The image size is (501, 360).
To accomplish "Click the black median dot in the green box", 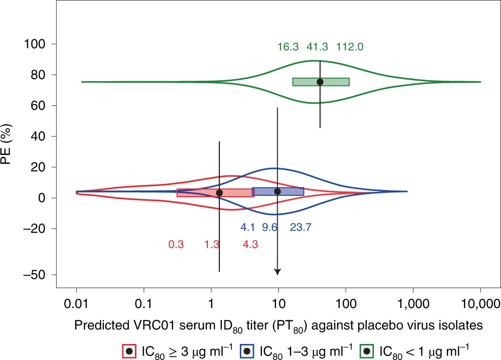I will tap(320, 82).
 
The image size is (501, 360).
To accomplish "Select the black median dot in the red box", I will tap(219, 192).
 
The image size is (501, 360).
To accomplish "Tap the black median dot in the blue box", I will tap(277, 191).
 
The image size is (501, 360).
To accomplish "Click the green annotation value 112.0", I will tap(350, 47).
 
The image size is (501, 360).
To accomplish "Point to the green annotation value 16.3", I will tap(288, 47).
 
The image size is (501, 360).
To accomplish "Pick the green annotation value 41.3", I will tap(317, 47).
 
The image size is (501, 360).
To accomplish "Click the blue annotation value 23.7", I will tap(301, 227).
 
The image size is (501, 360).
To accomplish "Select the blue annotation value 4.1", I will tap(248, 227).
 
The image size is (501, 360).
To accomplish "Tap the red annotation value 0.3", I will tap(176, 244).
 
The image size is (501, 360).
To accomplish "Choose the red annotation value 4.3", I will tap(250, 244).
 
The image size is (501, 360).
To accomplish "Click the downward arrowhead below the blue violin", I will tap(277, 272).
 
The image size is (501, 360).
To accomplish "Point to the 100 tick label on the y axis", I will tap(33, 44).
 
